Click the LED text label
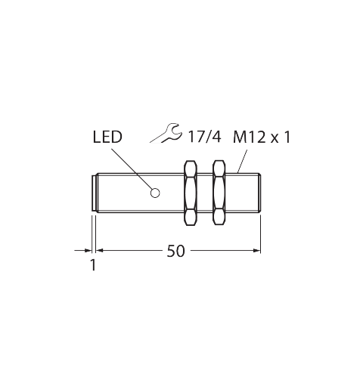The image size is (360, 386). click(x=107, y=137)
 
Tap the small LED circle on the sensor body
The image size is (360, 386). click(x=155, y=193)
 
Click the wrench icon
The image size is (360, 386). click(x=166, y=134)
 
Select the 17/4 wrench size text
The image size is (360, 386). click(x=205, y=137)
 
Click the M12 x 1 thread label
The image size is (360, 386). click(x=262, y=137)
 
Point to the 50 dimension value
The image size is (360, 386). click(x=175, y=251)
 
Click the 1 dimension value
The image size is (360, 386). click(x=93, y=265)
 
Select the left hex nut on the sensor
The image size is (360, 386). click(x=191, y=193)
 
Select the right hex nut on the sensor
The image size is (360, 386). click(x=219, y=193)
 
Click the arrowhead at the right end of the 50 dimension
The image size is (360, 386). click(x=256, y=250)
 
